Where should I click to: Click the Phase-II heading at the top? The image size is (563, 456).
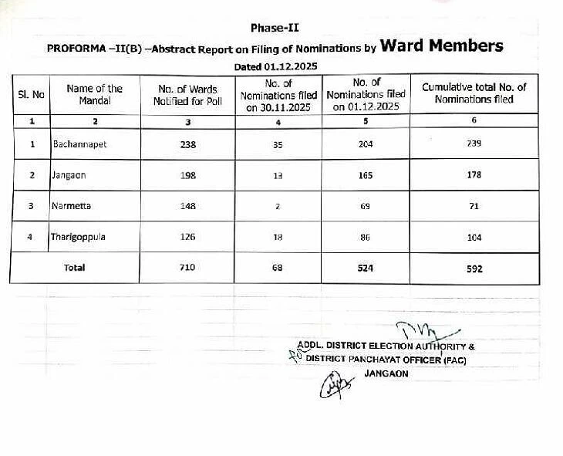pyautogui.click(x=275, y=28)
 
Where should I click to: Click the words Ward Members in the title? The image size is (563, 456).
pyautogui.click(x=441, y=46)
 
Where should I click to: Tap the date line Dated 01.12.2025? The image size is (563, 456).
pyautogui.click(x=275, y=67)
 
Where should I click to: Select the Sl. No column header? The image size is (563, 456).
pyautogui.click(x=32, y=95)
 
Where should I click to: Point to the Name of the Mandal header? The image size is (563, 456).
pyautogui.click(x=95, y=95)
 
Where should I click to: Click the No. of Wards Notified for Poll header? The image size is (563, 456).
pyautogui.click(x=187, y=95)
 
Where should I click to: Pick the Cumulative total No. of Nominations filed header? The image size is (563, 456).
pyautogui.click(x=474, y=93)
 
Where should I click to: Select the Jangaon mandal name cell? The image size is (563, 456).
pyautogui.click(x=69, y=175)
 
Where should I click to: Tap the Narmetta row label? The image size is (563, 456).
pyautogui.click(x=70, y=206)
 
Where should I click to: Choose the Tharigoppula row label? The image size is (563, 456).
pyautogui.click(x=78, y=237)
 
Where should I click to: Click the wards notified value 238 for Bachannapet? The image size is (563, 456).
pyautogui.click(x=187, y=144)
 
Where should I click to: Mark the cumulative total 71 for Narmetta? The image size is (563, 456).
pyautogui.click(x=474, y=206)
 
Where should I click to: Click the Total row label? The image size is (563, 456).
pyautogui.click(x=75, y=268)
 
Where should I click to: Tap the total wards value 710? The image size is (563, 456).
pyautogui.click(x=187, y=268)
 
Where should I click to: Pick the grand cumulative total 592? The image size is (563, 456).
pyautogui.click(x=474, y=269)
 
